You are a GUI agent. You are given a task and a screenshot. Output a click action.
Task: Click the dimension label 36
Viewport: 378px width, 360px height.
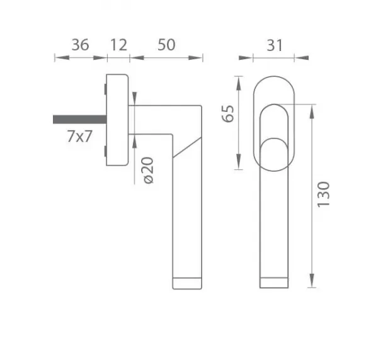80,45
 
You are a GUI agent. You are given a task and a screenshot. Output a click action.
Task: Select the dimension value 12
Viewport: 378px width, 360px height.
118,45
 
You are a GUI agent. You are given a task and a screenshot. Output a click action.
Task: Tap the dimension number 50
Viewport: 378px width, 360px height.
166,45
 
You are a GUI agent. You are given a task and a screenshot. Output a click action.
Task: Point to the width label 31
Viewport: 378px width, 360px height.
274,45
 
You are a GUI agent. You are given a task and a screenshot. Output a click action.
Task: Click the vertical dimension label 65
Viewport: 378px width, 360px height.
228,114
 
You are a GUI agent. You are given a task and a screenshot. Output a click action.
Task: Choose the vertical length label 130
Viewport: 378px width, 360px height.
323,194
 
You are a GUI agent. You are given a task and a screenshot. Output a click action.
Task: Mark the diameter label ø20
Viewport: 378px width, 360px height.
148,171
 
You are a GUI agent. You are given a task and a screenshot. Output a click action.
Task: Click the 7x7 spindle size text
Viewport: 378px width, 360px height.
79,137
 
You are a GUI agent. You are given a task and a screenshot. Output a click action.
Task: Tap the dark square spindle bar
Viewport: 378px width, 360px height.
80,120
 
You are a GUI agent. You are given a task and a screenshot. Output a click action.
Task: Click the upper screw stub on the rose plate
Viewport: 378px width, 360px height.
105,89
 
